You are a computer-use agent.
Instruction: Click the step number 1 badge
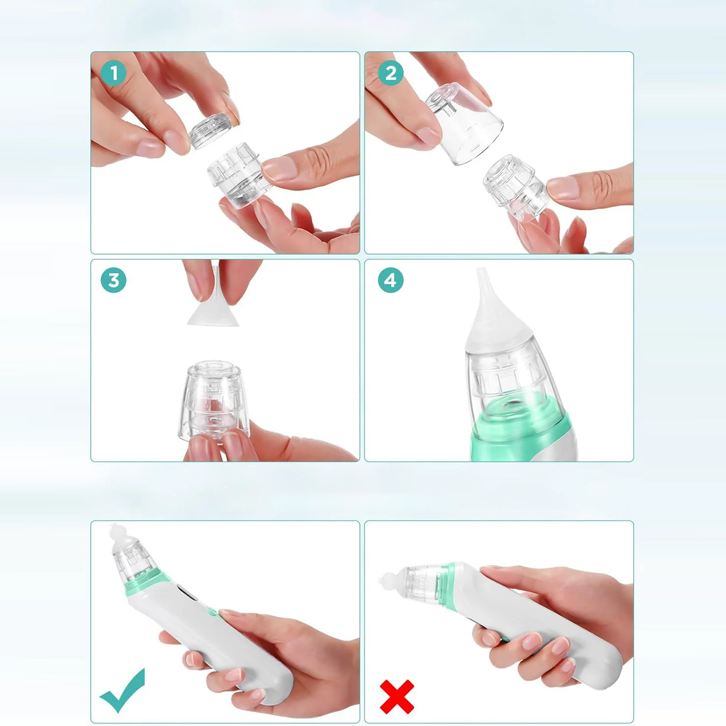click(114, 73)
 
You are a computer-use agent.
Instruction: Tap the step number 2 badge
click(391, 73)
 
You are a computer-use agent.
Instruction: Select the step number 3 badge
click(114, 280)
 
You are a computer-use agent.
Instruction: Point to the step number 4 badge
click(391, 280)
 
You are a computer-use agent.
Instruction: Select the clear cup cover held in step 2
click(464, 123)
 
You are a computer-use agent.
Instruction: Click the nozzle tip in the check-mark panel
click(120, 538)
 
